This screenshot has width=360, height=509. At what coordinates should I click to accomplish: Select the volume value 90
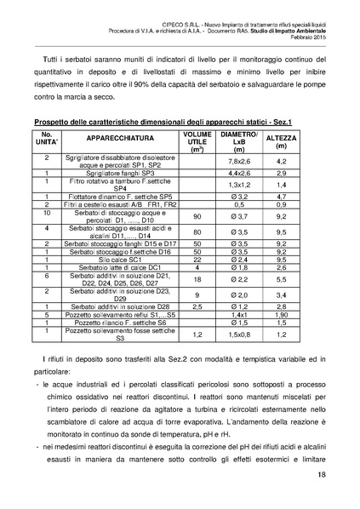click(197, 217)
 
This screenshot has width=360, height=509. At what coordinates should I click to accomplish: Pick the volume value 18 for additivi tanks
click(197, 278)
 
